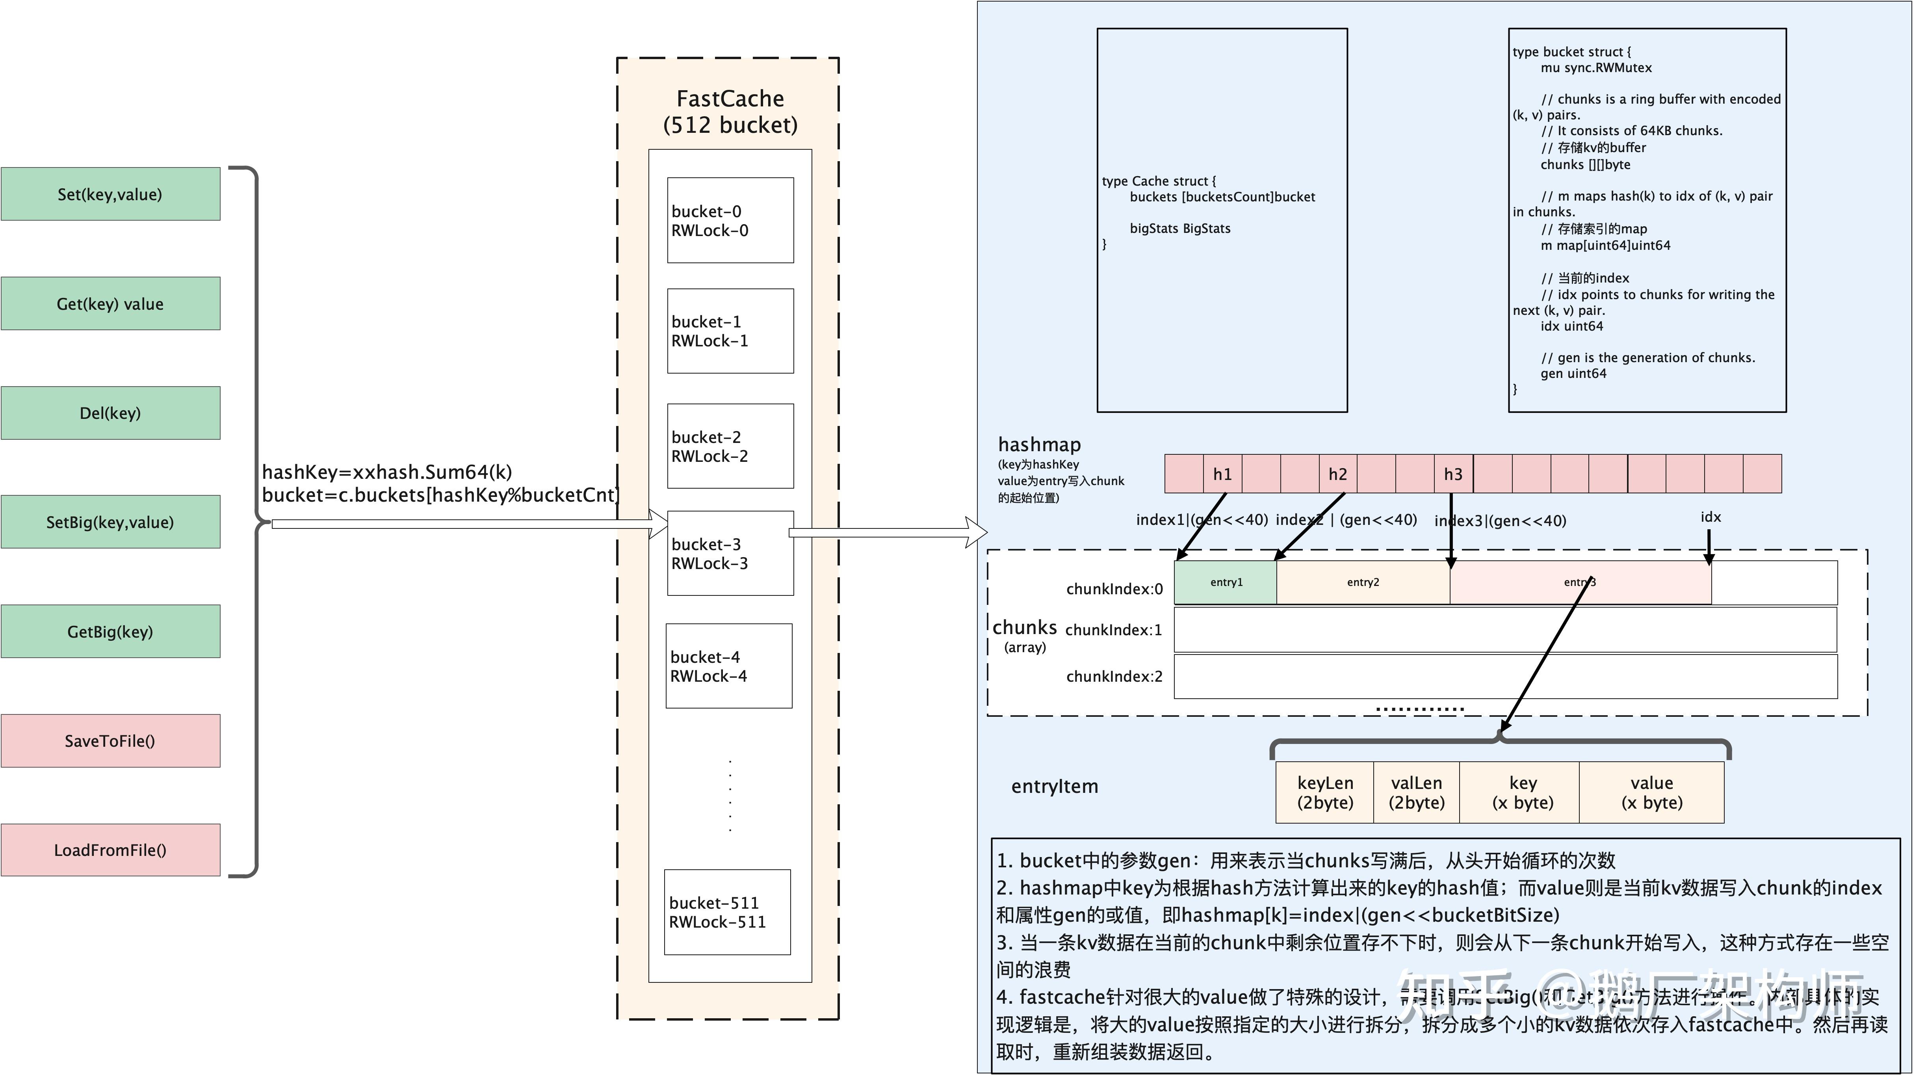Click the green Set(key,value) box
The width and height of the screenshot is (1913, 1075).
pyautogui.click(x=110, y=194)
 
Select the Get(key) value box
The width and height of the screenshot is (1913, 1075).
pyautogui.click(x=110, y=303)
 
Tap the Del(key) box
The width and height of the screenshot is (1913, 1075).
pyautogui.click(x=110, y=413)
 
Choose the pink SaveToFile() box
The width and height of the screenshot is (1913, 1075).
pyautogui.click(x=110, y=741)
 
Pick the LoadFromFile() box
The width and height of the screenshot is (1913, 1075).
pyautogui.click(x=110, y=850)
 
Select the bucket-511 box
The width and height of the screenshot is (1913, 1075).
pyautogui.click(x=727, y=912)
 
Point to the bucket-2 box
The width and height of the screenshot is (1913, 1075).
pyautogui.click(x=730, y=446)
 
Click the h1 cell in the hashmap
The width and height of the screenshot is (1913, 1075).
pyautogui.click(x=1222, y=474)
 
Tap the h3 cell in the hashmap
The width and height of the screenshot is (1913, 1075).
pyautogui.click(x=1453, y=474)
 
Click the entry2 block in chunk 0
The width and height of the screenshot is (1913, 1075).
pyautogui.click(x=1363, y=582)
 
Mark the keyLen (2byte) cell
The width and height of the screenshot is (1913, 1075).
pyautogui.click(x=1325, y=793)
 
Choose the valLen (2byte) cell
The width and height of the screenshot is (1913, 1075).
pyautogui.click(x=1416, y=793)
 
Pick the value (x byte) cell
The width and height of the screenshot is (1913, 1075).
pyautogui.click(x=1651, y=793)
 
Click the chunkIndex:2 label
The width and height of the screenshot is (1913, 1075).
pyautogui.click(x=1114, y=676)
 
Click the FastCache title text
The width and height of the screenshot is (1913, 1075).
pyautogui.click(x=730, y=99)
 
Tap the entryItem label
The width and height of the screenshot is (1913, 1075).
pyautogui.click(x=1055, y=786)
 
